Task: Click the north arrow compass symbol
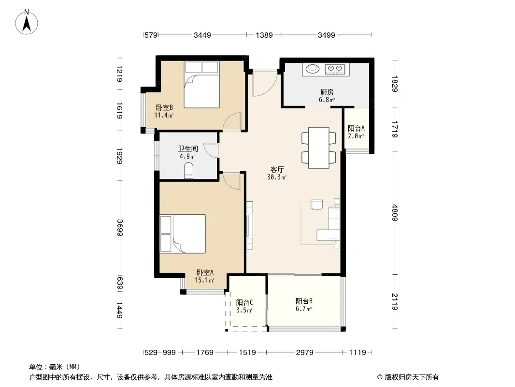click(27, 22)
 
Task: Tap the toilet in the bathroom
click(189, 170)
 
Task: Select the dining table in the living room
click(318, 148)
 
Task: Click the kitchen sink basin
click(313, 69)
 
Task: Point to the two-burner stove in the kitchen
click(335, 69)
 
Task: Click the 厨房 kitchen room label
click(327, 92)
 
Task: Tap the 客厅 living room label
click(277, 169)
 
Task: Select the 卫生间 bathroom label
click(188, 149)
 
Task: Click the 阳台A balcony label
click(356, 128)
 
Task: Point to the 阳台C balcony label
click(244, 302)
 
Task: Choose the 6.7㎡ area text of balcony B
click(303, 309)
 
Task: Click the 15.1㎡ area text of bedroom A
click(204, 280)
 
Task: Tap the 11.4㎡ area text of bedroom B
click(164, 115)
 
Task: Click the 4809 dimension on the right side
click(395, 213)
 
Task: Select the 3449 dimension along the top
click(202, 35)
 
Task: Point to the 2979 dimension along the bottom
click(304, 353)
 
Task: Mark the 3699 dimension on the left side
click(119, 227)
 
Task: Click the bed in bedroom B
click(201, 85)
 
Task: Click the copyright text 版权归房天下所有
click(411, 377)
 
